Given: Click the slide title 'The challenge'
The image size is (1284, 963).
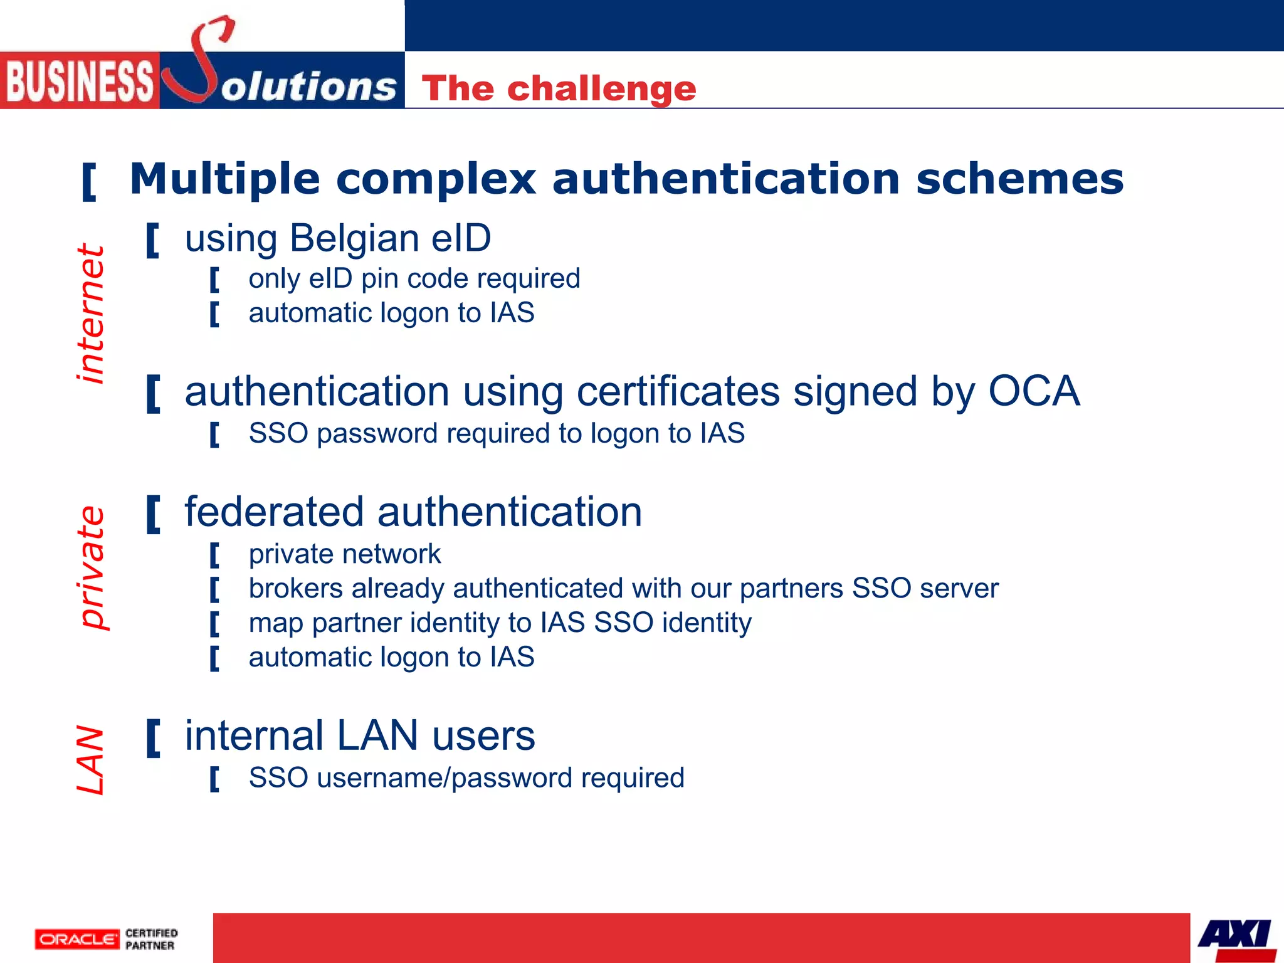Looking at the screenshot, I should [559, 88].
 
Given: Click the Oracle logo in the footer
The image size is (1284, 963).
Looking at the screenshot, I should [76, 939].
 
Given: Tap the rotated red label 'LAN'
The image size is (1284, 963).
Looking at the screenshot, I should [90, 760].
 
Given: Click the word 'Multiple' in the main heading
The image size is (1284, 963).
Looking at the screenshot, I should [224, 179].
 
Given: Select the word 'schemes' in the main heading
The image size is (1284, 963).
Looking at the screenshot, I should [1019, 179].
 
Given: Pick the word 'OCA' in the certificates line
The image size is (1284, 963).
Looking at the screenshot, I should [1034, 391].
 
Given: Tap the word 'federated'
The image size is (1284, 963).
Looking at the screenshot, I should [274, 512].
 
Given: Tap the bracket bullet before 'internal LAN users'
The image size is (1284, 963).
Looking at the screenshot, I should [153, 739].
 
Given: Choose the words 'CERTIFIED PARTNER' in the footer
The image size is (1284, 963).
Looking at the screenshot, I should [151, 939].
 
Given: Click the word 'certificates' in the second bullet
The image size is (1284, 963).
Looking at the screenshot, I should [678, 391].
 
